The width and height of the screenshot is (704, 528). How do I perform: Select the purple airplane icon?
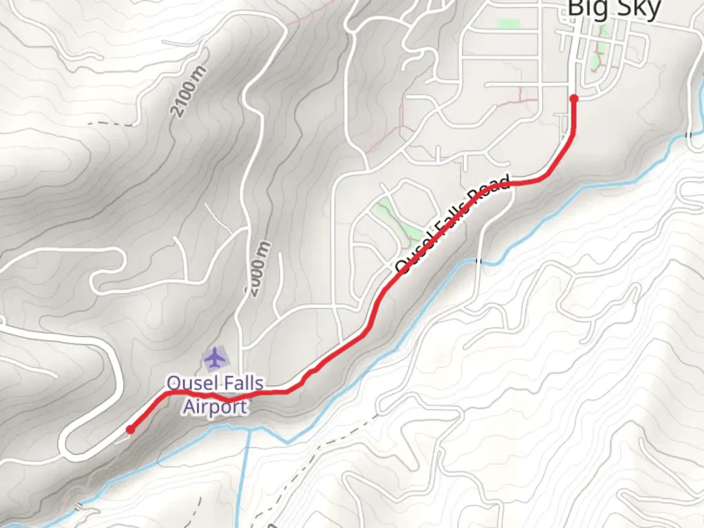(x=215, y=358)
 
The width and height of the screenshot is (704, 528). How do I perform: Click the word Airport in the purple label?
(x=215, y=407)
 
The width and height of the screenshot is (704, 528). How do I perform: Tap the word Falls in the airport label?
(x=239, y=383)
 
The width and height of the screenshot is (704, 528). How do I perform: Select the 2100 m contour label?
(x=189, y=92)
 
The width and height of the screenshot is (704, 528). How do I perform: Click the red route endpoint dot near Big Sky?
(x=574, y=99)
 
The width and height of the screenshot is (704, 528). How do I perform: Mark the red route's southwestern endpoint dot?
(x=130, y=430)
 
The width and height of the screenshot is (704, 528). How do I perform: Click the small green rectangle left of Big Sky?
(x=508, y=23)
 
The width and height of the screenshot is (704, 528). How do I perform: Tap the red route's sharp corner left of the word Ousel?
(x=167, y=393)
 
